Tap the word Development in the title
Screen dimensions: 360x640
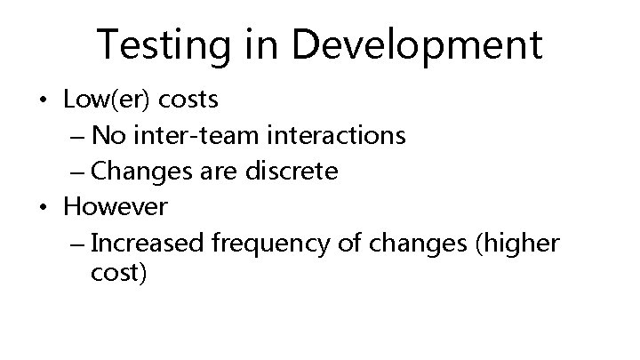pos(417,44)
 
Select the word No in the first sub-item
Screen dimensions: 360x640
pos(108,136)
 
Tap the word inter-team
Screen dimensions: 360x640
pos(188,136)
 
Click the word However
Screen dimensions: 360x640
pos(115,206)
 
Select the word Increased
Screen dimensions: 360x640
pos(144,242)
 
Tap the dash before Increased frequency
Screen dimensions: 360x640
pos(76,243)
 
